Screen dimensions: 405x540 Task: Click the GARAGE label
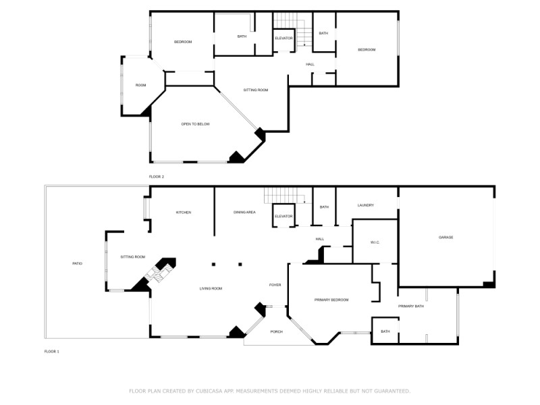tap(446, 238)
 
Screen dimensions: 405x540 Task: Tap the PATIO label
tap(78, 263)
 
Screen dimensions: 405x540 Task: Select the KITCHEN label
tap(184, 213)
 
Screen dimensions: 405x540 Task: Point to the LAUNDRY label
tap(366, 206)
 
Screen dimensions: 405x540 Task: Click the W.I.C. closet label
tap(376, 242)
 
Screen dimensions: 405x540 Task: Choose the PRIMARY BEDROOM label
tap(331, 299)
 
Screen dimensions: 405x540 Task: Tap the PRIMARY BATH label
tap(410, 306)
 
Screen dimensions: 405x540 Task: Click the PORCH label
tap(276, 331)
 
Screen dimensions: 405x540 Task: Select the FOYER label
tap(275, 285)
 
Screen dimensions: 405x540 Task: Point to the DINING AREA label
tap(244, 213)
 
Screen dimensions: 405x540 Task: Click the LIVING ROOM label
tap(211, 289)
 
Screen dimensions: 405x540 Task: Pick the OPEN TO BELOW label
tap(196, 124)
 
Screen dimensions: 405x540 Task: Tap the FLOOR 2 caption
tap(157, 177)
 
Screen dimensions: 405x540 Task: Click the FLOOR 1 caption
tap(52, 352)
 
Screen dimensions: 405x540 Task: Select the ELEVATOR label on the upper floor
tap(283, 38)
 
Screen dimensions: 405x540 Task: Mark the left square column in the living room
tap(213, 264)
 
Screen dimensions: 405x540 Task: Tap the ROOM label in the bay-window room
tap(140, 85)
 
